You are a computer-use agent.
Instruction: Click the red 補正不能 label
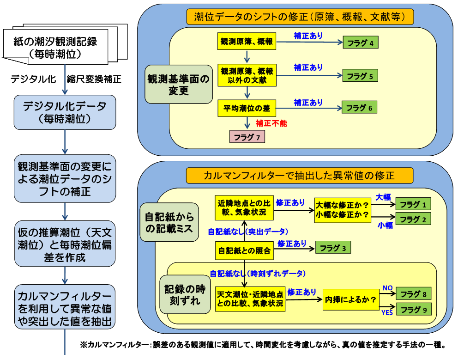pos(271,123)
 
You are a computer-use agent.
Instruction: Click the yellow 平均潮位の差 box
pos(247,109)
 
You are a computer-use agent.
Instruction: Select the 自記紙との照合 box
pos(243,251)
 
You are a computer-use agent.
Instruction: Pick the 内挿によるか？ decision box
pos(350,299)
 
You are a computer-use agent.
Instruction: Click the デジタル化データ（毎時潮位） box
pos(64,113)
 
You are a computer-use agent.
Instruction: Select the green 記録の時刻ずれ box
pos(185,295)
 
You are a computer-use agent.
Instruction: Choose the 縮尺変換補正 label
pos(94,79)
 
